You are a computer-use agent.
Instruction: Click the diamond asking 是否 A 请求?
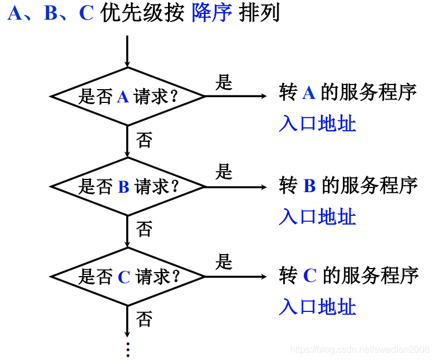click(x=127, y=96)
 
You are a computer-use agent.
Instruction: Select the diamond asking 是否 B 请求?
click(x=127, y=186)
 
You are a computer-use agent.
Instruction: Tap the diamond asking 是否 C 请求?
click(x=127, y=277)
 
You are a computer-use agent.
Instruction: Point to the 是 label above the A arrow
click(x=224, y=82)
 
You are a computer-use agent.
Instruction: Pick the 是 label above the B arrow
click(x=224, y=172)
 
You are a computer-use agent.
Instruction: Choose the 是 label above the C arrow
click(x=224, y=262)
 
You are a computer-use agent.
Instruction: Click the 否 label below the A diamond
click(x=144, y=139)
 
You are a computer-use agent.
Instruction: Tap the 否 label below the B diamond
click(x=144, y=229)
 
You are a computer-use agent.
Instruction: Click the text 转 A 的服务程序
click(x=348, y=93)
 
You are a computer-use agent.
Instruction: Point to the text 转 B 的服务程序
click(x=348, y=186)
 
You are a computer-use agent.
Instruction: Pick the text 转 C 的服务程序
click(x=348, y=275)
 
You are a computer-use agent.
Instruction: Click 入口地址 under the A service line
click(x=317, y=124)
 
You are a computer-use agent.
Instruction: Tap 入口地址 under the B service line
click(x=317, y=217)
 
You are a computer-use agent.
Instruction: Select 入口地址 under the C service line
click(x=317, y=307)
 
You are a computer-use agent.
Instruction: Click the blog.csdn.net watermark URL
click(x=360, y=349)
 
